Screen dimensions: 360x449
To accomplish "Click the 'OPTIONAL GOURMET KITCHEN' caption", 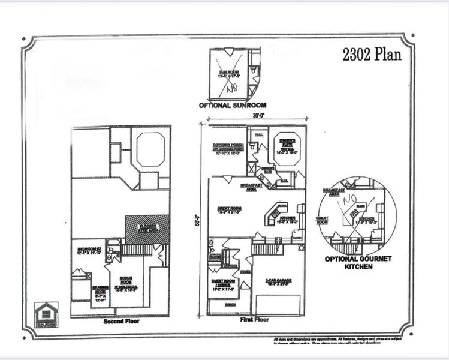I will (x=358, y=262).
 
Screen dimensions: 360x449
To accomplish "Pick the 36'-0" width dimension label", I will (x=258, y=116).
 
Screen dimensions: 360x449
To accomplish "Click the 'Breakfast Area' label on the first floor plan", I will (x=252, y=187).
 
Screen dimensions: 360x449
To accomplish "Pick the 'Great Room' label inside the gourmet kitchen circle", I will (x=322, y=220).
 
